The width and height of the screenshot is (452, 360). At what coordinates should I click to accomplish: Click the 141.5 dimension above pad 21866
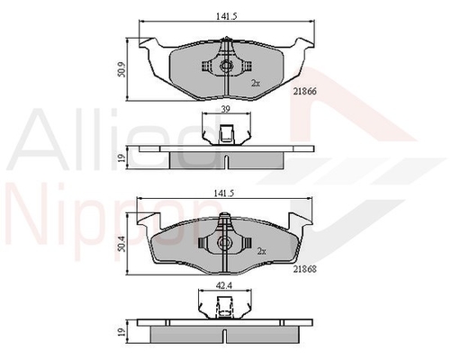coord(227,16)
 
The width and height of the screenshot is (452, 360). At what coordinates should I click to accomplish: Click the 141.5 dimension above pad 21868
coord(223,193)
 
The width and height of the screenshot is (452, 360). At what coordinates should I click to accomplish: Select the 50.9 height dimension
coord(122,69)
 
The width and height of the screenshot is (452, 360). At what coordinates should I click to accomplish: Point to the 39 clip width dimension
coord(225,109)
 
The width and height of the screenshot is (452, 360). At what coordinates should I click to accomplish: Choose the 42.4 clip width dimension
coord(225,286)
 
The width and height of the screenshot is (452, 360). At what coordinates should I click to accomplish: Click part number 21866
coord(305,92)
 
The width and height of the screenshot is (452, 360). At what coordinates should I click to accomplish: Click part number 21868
coord(305,269)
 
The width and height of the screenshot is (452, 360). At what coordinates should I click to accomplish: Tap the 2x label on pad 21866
coord(256,84)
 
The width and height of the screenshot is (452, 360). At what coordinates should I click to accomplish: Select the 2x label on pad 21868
coord(262,251)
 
